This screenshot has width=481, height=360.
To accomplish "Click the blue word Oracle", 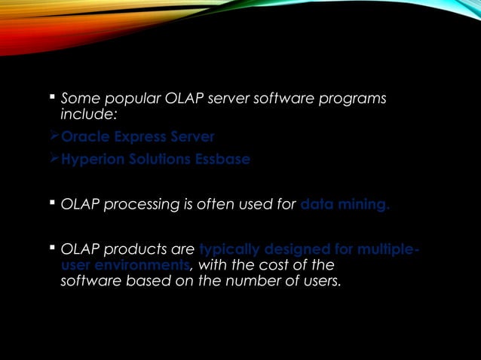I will pos(82,137).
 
